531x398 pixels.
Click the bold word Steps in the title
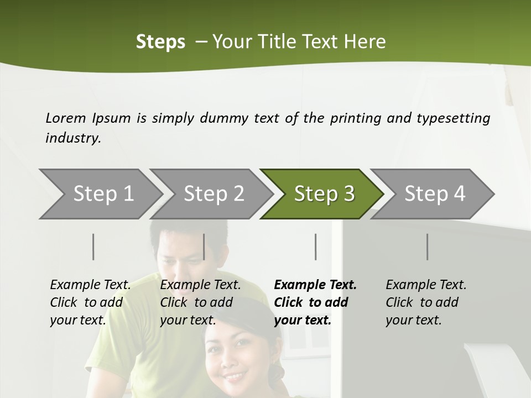tap(160, 42)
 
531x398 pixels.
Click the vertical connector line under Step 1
tap(93, 247)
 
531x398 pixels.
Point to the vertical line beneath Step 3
tap(315, 247)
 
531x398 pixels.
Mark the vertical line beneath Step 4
tap(427, 247)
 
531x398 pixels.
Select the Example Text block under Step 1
tap(90, 302)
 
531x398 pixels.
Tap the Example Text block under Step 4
tap(426, 302)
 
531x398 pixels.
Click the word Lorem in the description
tap(66, 118)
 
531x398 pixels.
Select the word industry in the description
tap(72, 138)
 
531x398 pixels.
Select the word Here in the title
tap(365, 42)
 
